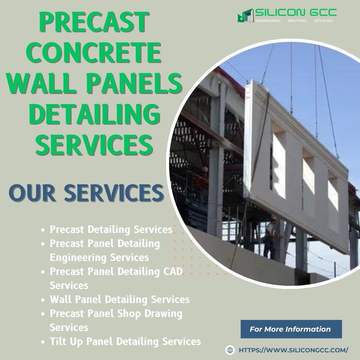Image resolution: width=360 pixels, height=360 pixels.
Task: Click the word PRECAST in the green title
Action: pyautogui.click(x=94, y=22)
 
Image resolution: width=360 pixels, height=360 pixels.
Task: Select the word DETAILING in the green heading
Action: pyautogui.click(x=94, y=114)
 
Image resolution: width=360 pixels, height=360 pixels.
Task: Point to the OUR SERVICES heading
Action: pyautogui.click(x=86, y=193)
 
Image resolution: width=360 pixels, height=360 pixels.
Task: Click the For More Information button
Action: pyautogui.click(x=291, y=329)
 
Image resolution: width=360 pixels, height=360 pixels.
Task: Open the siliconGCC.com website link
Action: pyautogui.click(x=293, y=350)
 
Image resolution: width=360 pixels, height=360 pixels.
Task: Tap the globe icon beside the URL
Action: pyautogui.click(x=230, y=350)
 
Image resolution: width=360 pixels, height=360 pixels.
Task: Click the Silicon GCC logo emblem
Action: pyautogui.click(x=245, y=15)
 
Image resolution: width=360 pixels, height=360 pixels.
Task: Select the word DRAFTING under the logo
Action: pyautogui.click(x=297, y=21)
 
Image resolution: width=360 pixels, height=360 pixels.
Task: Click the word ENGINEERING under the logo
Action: pyautogui.click(x=268, y=21)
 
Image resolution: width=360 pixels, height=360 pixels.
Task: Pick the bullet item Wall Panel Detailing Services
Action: pyautogui.click(x=120, y=299)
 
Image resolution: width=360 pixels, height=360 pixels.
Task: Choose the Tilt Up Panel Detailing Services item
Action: pyautogui.click(x=125, y=341)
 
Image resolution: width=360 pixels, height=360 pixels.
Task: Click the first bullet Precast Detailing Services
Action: pyautogui.click(x=111, y=229)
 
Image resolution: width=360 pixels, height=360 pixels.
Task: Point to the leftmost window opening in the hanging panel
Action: pyautogui.click(x=278, y=166)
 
